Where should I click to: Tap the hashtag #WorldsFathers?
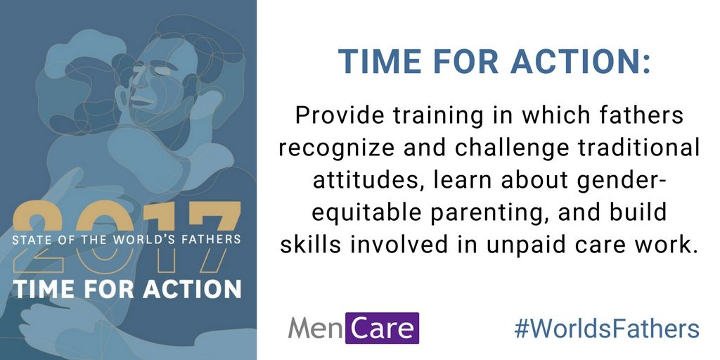point(607,329)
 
